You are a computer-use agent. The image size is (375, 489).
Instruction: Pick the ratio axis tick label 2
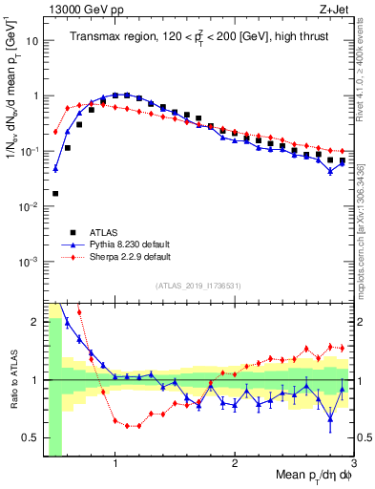[x=36, y=322]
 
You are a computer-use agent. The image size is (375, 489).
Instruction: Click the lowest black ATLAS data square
[x=55, y=193]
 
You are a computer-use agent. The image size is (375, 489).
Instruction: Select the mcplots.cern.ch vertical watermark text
[x=365, y=229]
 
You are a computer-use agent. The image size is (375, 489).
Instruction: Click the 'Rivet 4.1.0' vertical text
[x=365, y=67]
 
